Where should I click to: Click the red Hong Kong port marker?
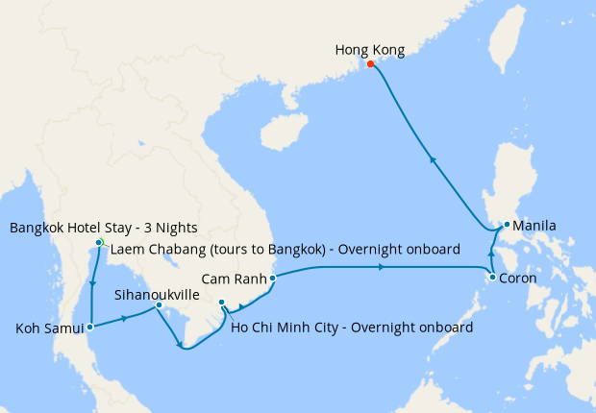pos(371,64)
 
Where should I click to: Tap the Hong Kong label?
pos(370,49)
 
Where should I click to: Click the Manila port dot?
pos(507,226)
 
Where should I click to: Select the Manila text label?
pos(534,227)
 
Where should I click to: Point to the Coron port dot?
pos(493,278)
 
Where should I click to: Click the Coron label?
pos(520,279)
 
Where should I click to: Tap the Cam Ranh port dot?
pos(273,279)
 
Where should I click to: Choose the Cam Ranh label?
pos(235,279)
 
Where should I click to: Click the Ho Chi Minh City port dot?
pos(222,303)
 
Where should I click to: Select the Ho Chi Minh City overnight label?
pos(352,328)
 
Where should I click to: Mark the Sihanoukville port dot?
pos(159,305)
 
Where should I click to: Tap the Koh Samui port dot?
pos(90,327)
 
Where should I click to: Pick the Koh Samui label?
pos(49,328)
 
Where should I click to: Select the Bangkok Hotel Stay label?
pos(103,228)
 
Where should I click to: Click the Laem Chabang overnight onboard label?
pos(286,250)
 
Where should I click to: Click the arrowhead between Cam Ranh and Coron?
pos(382,267)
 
